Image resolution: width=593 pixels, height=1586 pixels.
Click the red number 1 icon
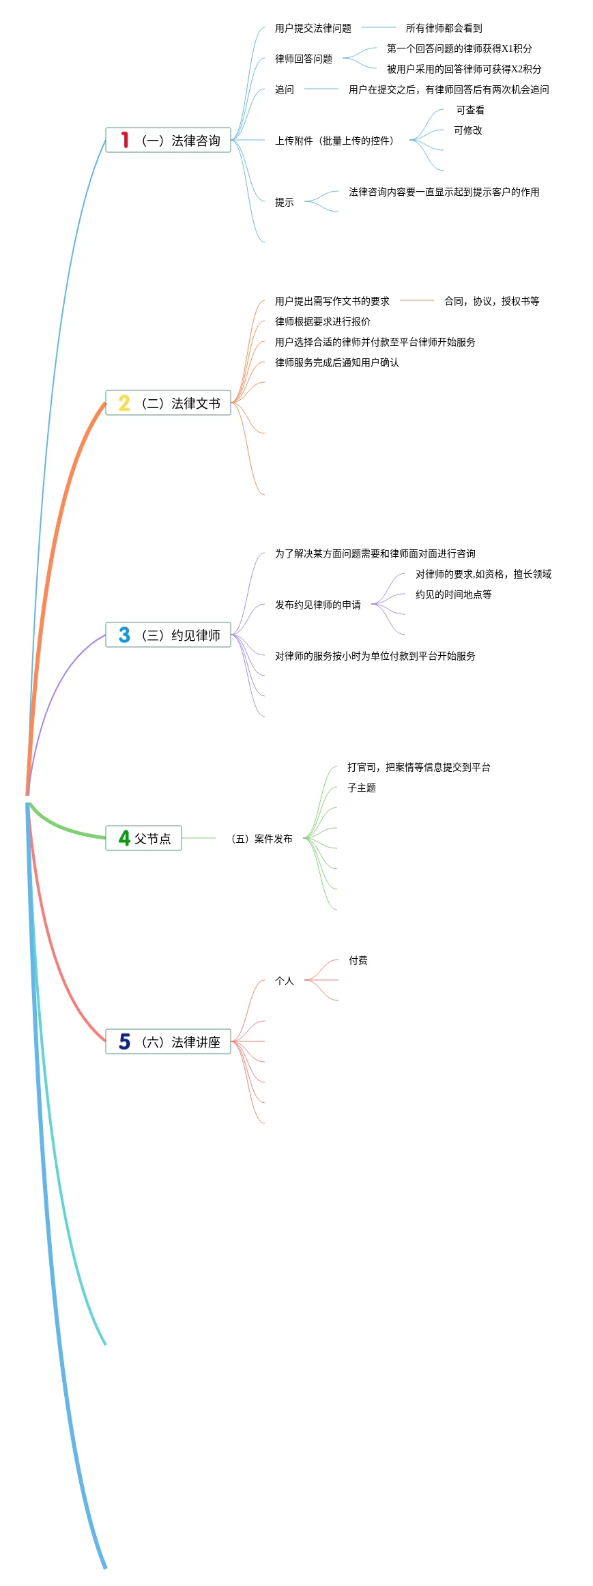[x=124, y=140]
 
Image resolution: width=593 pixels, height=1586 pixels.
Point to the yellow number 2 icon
[x=124, y=403]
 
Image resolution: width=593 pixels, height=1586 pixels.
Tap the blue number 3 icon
[x=124, y=635]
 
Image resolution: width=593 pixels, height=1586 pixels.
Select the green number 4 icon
[x=124, y=838]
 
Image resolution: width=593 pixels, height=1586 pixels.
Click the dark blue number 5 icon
[x=124, y=1041]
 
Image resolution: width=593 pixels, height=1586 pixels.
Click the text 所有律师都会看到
[x=444, y=28]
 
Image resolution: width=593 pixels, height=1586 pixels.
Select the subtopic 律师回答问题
[x=304, y=59]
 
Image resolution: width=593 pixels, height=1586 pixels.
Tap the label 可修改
[x=468, y=130]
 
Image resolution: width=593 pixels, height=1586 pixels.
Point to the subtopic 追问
[x=285, y=89]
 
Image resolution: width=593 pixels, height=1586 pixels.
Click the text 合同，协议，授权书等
[x=491, y=301]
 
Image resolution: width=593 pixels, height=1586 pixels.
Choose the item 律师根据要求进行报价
[x=323, y=321]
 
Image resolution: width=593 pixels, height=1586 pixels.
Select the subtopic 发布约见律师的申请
[x=318, y=605]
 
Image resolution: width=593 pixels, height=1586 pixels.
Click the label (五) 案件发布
[x=263, y=839]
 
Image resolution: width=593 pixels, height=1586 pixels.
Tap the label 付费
[x=358, y=960]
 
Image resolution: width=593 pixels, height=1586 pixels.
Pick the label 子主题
[x=362, y=788]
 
